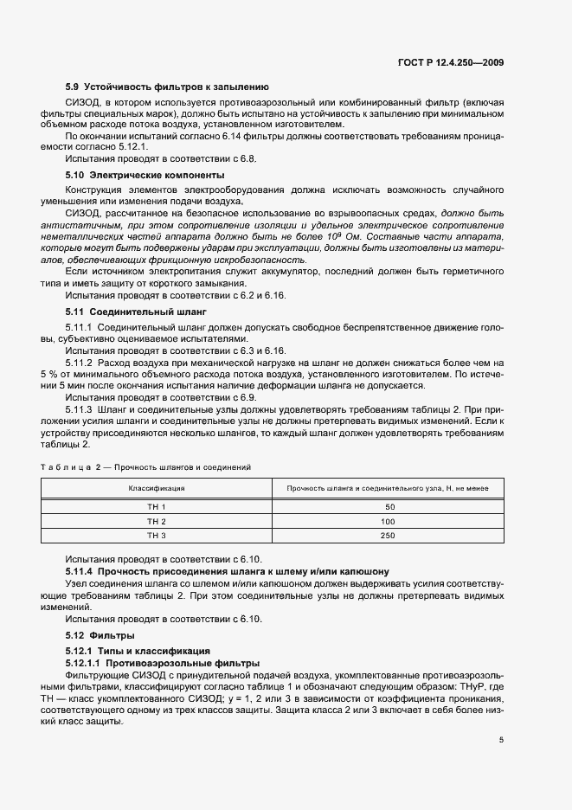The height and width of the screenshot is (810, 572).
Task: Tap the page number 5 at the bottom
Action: pyautogui.click(x=501, y=740)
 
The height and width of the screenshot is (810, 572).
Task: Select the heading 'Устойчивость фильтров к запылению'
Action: pyautogui.click(x=177, y=87)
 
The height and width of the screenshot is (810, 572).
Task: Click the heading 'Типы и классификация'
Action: pyautogui.click(x=144, y=650)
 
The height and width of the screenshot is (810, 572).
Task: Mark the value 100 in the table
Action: pyautogui.click(x=388, y=521)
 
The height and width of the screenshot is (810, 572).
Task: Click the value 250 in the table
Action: pyautogui.click(x=388, y=536)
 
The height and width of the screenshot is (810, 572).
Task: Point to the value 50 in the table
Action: pyautogui.click(x=389, y=506)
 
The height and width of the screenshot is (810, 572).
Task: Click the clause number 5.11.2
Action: pyautogui.click(x=80, y=364)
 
